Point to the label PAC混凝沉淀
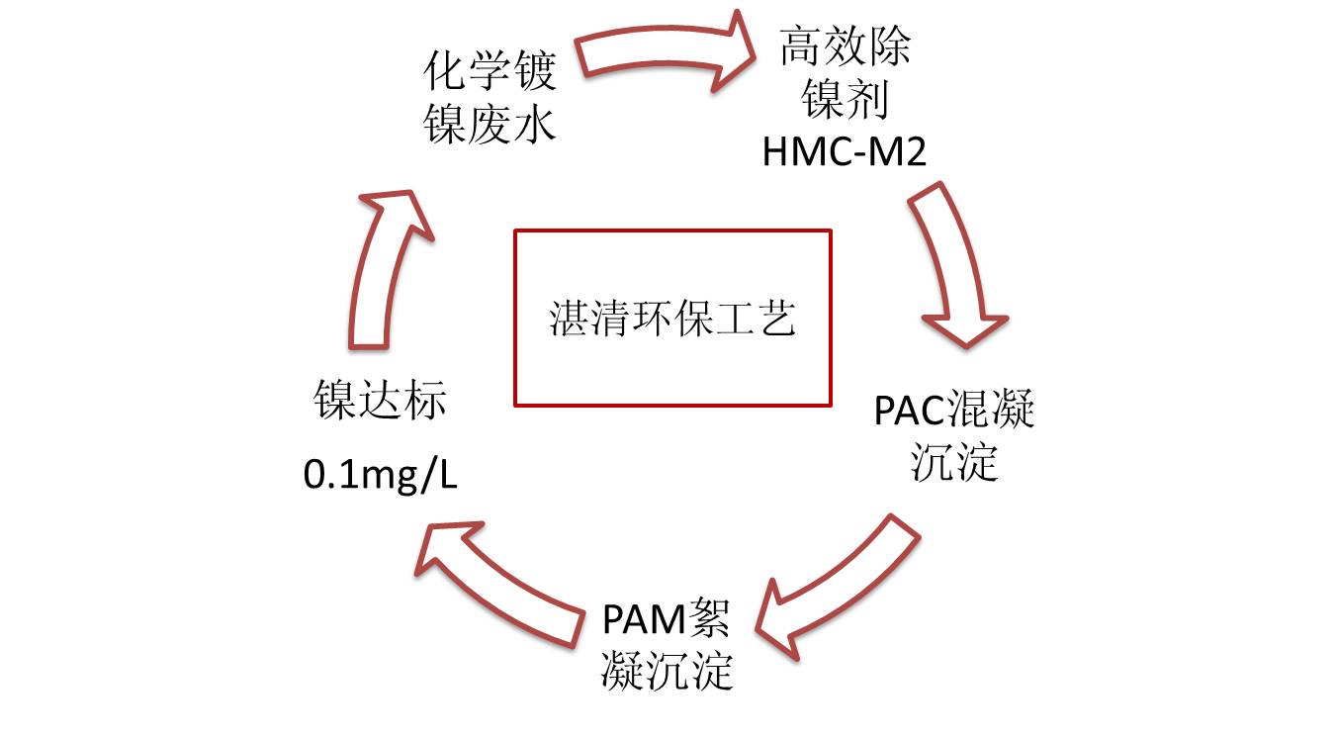[954, 436]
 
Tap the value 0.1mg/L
[381, 476]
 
